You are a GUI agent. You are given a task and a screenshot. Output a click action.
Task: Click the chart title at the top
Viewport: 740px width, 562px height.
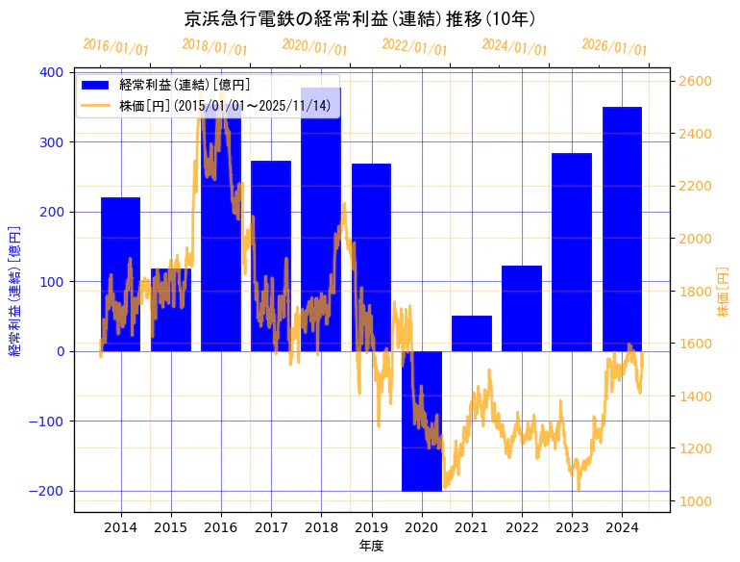point(359,18)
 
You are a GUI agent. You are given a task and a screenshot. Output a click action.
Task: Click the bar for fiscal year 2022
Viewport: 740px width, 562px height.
point(522,308)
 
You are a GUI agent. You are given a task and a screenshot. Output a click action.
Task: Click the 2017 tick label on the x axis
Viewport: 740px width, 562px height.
point(271,526)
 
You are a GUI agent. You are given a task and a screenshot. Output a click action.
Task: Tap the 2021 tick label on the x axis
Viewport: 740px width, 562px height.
point(472,526)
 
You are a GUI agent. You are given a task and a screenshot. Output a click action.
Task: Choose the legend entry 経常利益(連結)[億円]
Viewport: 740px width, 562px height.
point(184,85)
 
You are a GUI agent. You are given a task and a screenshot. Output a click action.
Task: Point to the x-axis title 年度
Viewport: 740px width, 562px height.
point(371,546)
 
